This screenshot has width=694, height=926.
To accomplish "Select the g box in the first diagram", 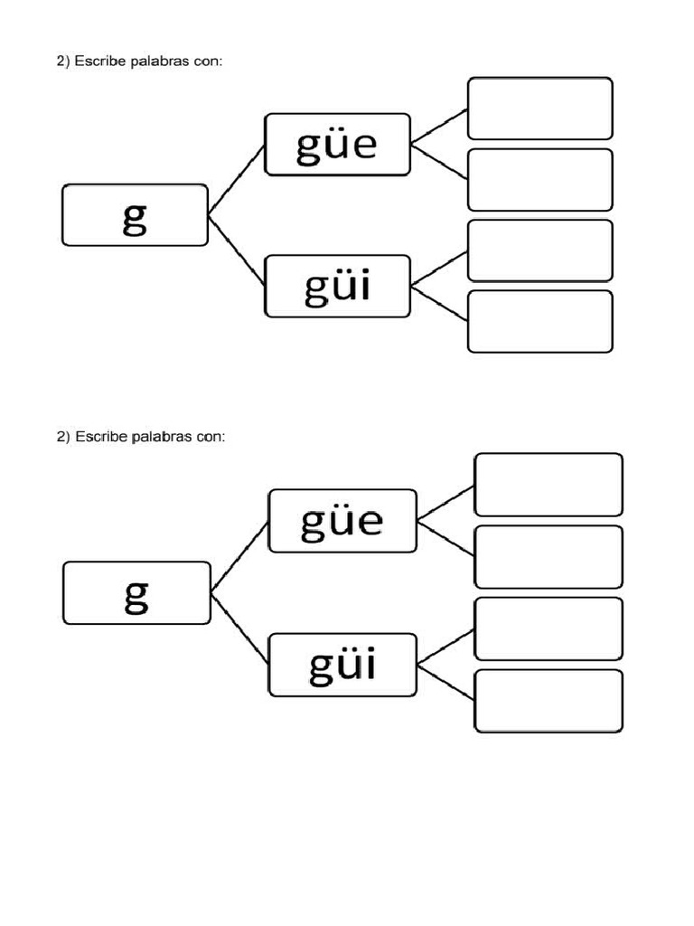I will pyautogui.click(x=135, y=215).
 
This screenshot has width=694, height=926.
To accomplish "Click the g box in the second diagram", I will pyautogui.click(x=136, y=593).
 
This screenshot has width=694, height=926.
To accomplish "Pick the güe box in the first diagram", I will pyautogui.click(x=337, y=144).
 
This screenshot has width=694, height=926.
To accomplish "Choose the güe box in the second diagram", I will pyautogui.click(x=342, y=521).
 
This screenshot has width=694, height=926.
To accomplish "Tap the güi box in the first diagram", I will pyautogui.click(x=337, y=287).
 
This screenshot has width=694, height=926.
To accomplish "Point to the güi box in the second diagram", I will pyautogui.click(x=342, y=665).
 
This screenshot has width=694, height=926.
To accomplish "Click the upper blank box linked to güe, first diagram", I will pyautogui.click(x=539, y=109).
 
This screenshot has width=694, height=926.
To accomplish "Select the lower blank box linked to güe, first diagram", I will pyautogui.click(x=539, y=179).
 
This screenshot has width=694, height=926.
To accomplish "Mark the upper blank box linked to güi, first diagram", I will pyautogui.click(x=539, y=250).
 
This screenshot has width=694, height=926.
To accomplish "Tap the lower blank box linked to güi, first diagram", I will pyautogui.click(x=539, y=321).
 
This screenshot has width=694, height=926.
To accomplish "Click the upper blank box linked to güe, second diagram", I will pyautogui.click(x=548, y=485).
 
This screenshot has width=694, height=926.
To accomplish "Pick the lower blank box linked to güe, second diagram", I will pyautogui.click(x=548, y=556).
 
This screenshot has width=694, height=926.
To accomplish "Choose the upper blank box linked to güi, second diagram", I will pyautogui.click(x=548, y=628).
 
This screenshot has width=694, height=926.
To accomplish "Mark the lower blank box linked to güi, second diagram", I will pyautogui.click(x=548, y=701).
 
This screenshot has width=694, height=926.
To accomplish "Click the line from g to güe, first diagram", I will pyautogui.click(x=237, y=179).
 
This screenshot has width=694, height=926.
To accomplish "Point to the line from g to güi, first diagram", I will pyautogui.click(x=237, y=250).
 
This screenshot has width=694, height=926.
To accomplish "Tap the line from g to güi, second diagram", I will pyautogui.click(x=240, y=629).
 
